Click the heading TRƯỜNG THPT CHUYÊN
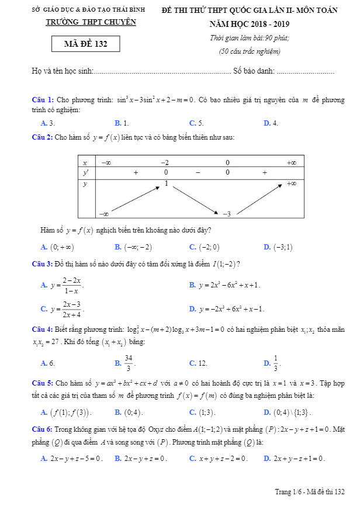91,22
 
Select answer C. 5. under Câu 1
196,123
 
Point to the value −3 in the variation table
227,214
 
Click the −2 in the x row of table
165,162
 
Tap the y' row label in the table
85,173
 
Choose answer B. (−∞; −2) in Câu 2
133,247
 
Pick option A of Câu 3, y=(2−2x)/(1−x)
63,285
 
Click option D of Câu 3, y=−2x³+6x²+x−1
227,308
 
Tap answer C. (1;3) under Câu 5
203,412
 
